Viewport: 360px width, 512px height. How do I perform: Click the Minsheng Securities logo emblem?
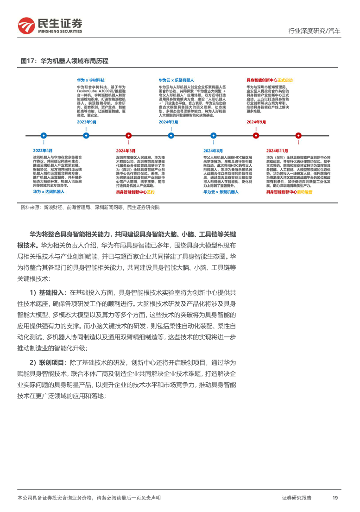pyautogui.click(x=27, y=25)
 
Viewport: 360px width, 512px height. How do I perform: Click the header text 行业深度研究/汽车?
pyautogui.click(x=314, y=31)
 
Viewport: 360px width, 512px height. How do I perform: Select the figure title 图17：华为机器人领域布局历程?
pyautogui.click(x=64, y=61)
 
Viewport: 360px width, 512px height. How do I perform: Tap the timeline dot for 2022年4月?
pyautogui.click(x=44, y=135)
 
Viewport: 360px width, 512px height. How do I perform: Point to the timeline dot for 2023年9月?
pyautogui.click(x=86, y=135)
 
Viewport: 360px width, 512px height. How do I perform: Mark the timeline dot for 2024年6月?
pyautogui.click(x=213, y=135)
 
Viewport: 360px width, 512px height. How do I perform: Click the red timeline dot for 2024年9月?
pyautogui.click(x=256, y=135)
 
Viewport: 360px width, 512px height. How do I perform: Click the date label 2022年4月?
pyautogui.click(x=43, y=151)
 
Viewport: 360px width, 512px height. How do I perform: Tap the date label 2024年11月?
pyautogui.click(x=277, y=151)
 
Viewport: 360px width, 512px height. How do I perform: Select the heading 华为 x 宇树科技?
pyautogui.click(x=91, y=80)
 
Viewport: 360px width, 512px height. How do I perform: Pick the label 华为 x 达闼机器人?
pyautogui.click(x=49, y=191)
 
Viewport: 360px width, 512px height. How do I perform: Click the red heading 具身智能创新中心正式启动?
pyautogui.click(x=270, y=80)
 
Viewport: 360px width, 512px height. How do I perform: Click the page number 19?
pyautogui.click(x=335, y=498)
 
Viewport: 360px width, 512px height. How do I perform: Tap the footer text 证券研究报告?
pyautogui.click(x=297, y=498)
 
